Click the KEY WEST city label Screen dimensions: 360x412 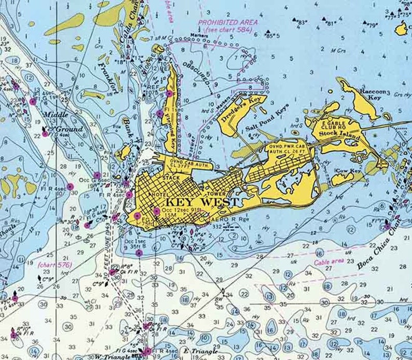[x=202, y=202]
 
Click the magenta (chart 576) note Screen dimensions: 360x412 [x=54, y=265]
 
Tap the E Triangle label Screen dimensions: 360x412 [x=200, y=351]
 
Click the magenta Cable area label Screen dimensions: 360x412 [x=329, y=262]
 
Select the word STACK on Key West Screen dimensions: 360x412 [x=171, y=177]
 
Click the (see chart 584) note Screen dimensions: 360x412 [x=227, y=30]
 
